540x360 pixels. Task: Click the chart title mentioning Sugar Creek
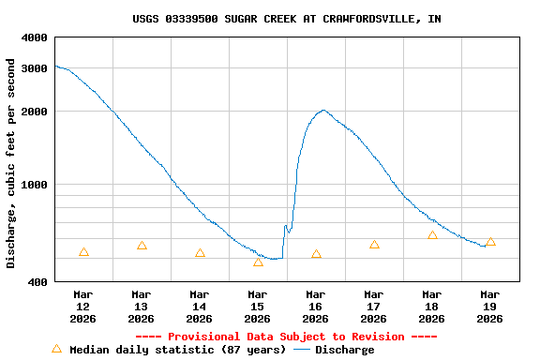(286, 19)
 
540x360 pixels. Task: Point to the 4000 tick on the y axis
(34, 37)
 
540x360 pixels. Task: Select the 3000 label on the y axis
(34, 68)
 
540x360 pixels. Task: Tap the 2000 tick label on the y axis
(34, 112)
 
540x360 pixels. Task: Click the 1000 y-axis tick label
(34, 185)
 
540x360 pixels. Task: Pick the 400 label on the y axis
(37, 282)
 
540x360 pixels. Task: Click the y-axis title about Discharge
(11, 163)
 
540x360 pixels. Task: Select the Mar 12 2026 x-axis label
(83, 307)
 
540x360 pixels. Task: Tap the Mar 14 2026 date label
(200, 307)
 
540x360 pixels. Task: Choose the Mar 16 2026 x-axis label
(316, 307)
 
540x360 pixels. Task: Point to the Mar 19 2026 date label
(490, 307)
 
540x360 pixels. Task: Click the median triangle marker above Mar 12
(83, 252)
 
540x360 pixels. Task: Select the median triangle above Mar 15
(258, 262)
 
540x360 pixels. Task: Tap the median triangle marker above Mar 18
(432, 235)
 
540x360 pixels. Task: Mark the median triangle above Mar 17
(374, 245)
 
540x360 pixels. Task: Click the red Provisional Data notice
(286, 337)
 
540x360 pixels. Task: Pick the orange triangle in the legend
(56, 349)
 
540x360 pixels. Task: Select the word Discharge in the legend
(344, 350)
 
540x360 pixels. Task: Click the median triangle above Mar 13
(142, 246)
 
